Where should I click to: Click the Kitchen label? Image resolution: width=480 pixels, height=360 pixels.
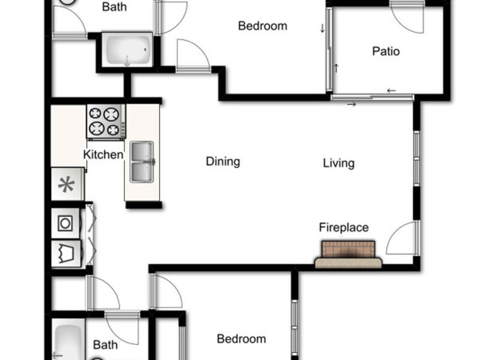pyautogui.click(x=103, y=155)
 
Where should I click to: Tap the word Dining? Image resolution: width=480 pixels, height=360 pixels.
pyautogui.click(x=223, y=161)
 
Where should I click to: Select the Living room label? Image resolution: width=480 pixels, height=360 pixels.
pyautogui.click(x=338, y=163)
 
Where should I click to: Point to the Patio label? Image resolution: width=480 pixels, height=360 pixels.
pyautogui.click(x=386, y=51)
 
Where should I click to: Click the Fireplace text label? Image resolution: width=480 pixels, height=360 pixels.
pyautogui.click(x=344, y=227)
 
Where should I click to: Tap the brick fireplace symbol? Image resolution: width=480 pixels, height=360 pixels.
pyautogui.click(x=349, y=254)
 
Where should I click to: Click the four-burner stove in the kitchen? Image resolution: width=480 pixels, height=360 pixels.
pyautogui.click(x=106, y=122)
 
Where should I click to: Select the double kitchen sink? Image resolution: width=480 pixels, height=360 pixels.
pyautogui.click(x=142, y=161)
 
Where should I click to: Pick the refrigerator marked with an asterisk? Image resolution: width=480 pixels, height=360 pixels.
pyautogui.click(x=67, y=184)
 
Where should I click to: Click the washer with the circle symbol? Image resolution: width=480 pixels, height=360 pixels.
pyautogui.click(x=65, y=223)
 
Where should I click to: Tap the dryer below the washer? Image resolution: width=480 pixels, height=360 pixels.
pyautogui.click(x=66, y=253)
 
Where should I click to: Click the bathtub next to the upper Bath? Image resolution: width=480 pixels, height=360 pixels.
pyautogui.click(x=127, y=50)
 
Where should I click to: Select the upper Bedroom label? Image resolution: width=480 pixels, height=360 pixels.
pyautogui.click(x=263, y=26)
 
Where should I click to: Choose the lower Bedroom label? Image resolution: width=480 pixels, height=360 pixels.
pyautogui.click(x=241, y=339)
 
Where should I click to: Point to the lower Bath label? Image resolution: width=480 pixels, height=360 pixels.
pyautogui.click(x=106, y=344)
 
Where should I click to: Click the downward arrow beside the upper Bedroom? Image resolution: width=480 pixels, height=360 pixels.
pyautogui.click(x=322, y=28)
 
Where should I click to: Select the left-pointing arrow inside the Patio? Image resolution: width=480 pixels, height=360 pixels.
pyautogui.click(x=391, y=91)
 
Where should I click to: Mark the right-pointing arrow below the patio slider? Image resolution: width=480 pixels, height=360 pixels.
pyautogui.click(x=352, y=104)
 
